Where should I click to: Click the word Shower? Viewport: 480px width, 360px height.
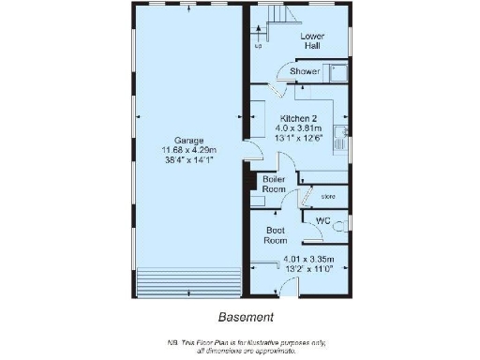pyautogui.click(x=304, y=71)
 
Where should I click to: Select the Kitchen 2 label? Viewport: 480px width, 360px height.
pyautogui.click(x=300, y=118)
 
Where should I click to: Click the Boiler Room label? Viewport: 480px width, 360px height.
pyautogui.click(x=274, y=184)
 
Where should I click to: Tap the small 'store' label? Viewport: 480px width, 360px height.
pyautogui.click(x=328, y=197)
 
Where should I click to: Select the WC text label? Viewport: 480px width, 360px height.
pyautogui.click(x=322, y=221)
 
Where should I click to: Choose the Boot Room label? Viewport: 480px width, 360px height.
pyautogui.click(x=276, y=233)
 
